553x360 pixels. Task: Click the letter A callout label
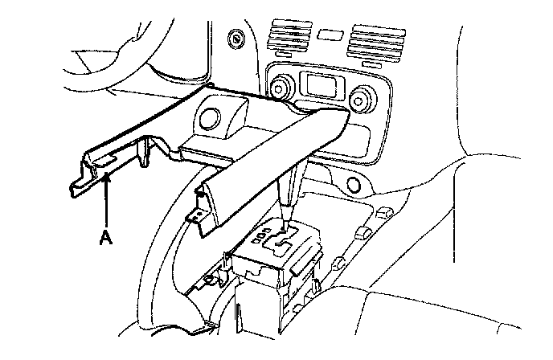[x=103, y=236]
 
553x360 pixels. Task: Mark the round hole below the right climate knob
[x=354, y=186]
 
